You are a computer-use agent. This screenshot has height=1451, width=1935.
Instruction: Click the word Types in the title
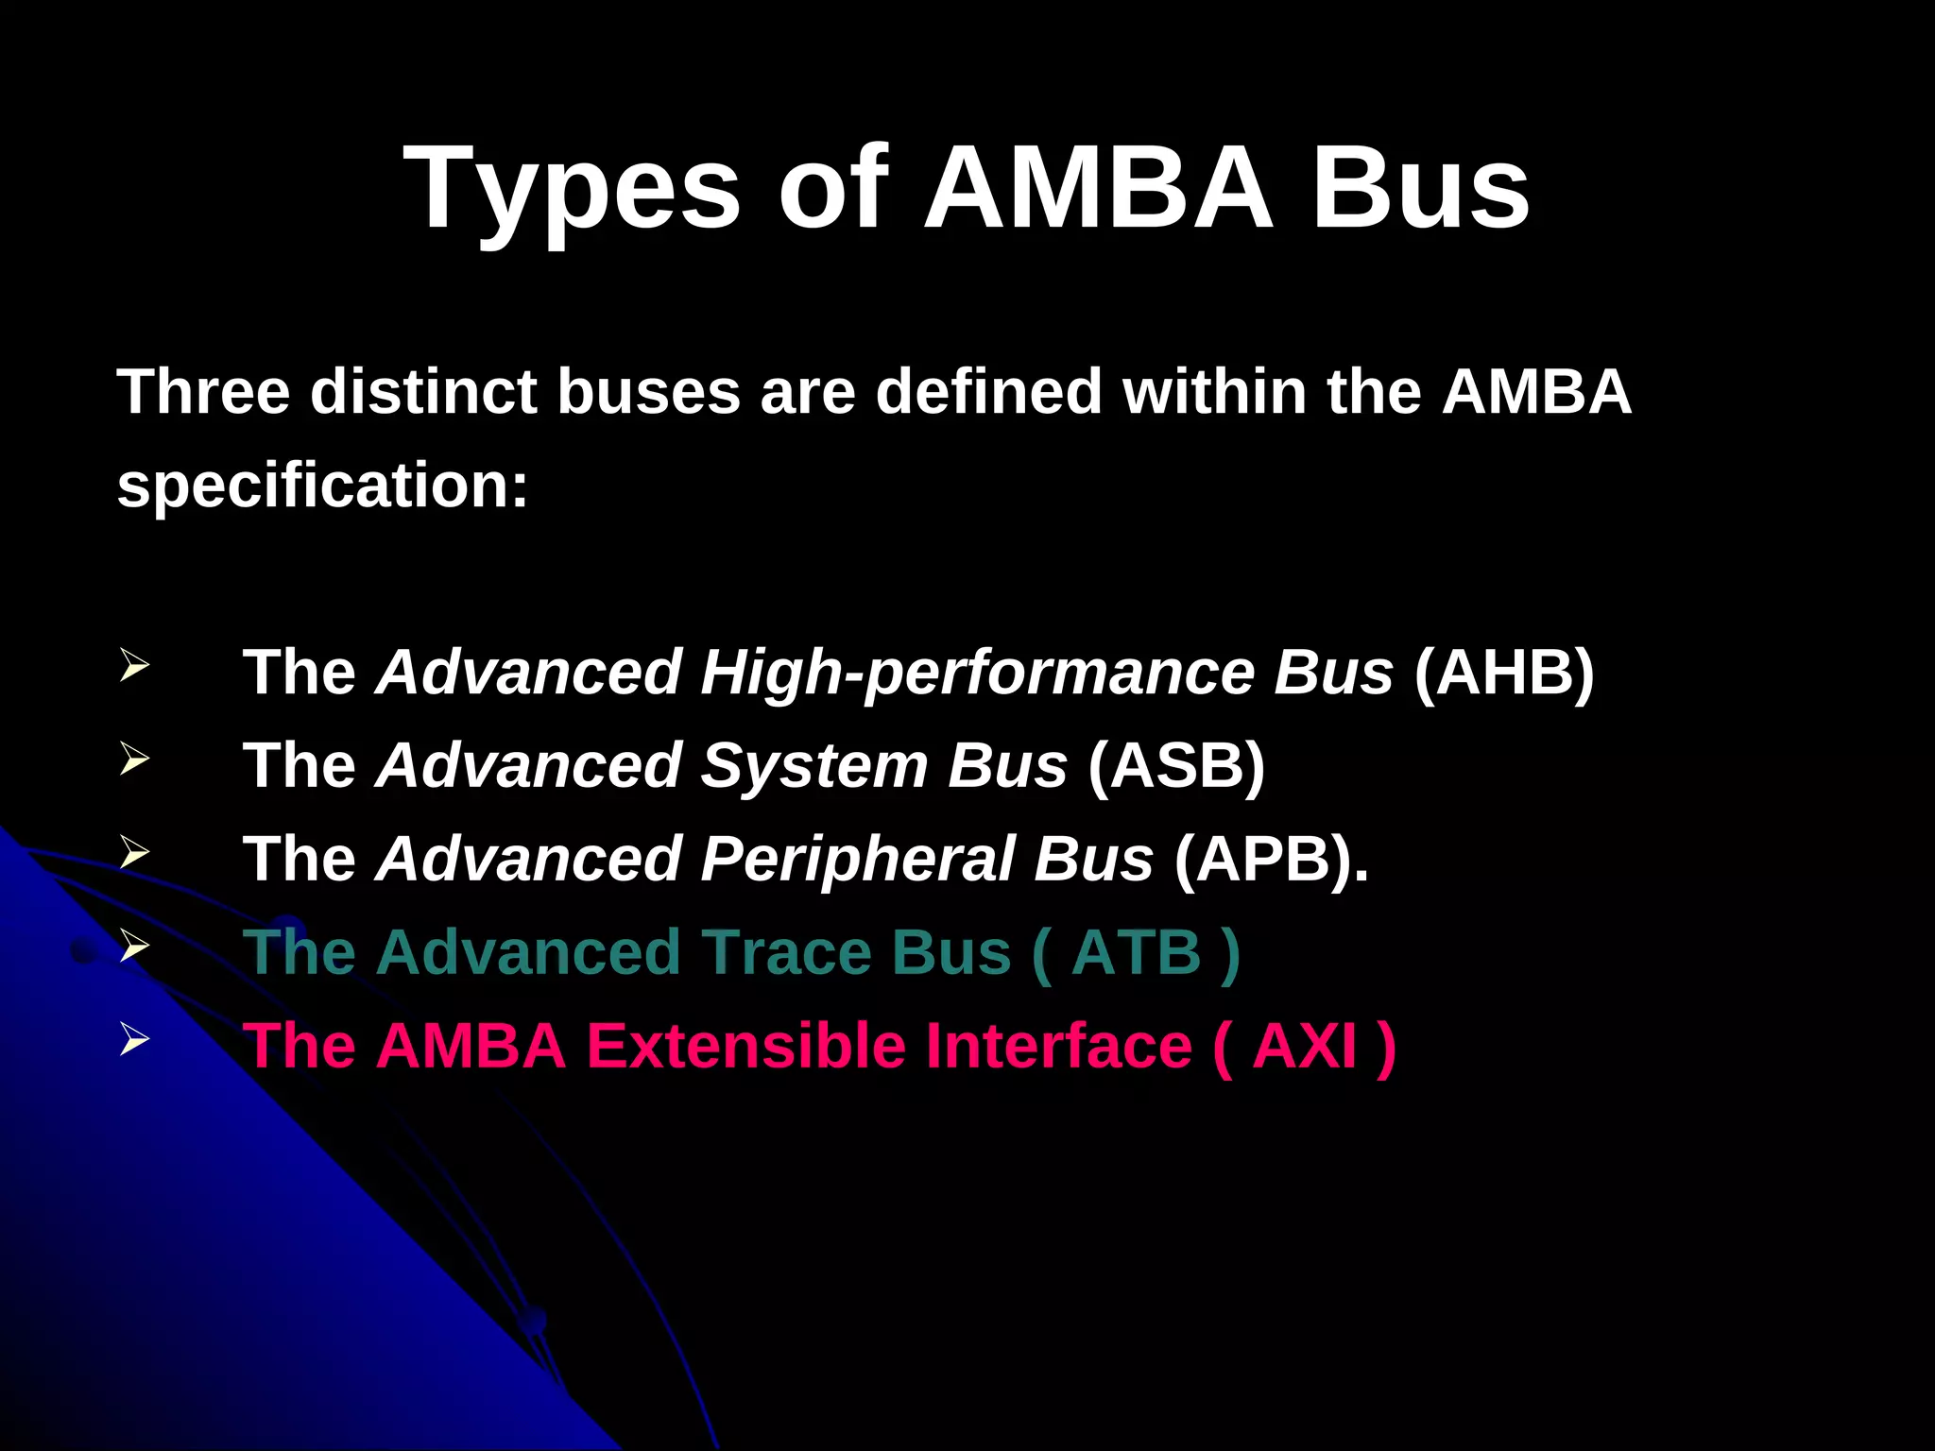click(572, 189)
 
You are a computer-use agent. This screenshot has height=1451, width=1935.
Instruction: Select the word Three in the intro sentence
click(202, 391)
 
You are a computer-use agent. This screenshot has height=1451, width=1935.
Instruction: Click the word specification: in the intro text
click(322, 486)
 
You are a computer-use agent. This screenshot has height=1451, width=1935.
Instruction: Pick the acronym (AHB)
click(1504, 673)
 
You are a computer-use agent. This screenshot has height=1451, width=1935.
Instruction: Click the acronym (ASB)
click(1176, 765)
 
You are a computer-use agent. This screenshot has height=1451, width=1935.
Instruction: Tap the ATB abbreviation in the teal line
click(1137, 952)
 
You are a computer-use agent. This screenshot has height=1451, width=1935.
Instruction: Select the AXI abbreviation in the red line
click(1305, 1046)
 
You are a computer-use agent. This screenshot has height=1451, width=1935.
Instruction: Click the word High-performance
click(977, 673)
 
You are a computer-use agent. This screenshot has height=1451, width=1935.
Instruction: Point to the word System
click(814, 765)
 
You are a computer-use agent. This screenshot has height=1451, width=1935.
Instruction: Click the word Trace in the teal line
click(786, 952)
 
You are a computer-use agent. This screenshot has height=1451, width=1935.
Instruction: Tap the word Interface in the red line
click(1058, 1046)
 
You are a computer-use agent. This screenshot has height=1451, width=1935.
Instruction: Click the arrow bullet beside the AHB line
click(135, 665)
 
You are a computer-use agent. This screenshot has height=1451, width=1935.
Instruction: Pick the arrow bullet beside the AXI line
click(135, 1039)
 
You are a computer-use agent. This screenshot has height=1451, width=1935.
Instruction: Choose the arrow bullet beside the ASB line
click(135, 759)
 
